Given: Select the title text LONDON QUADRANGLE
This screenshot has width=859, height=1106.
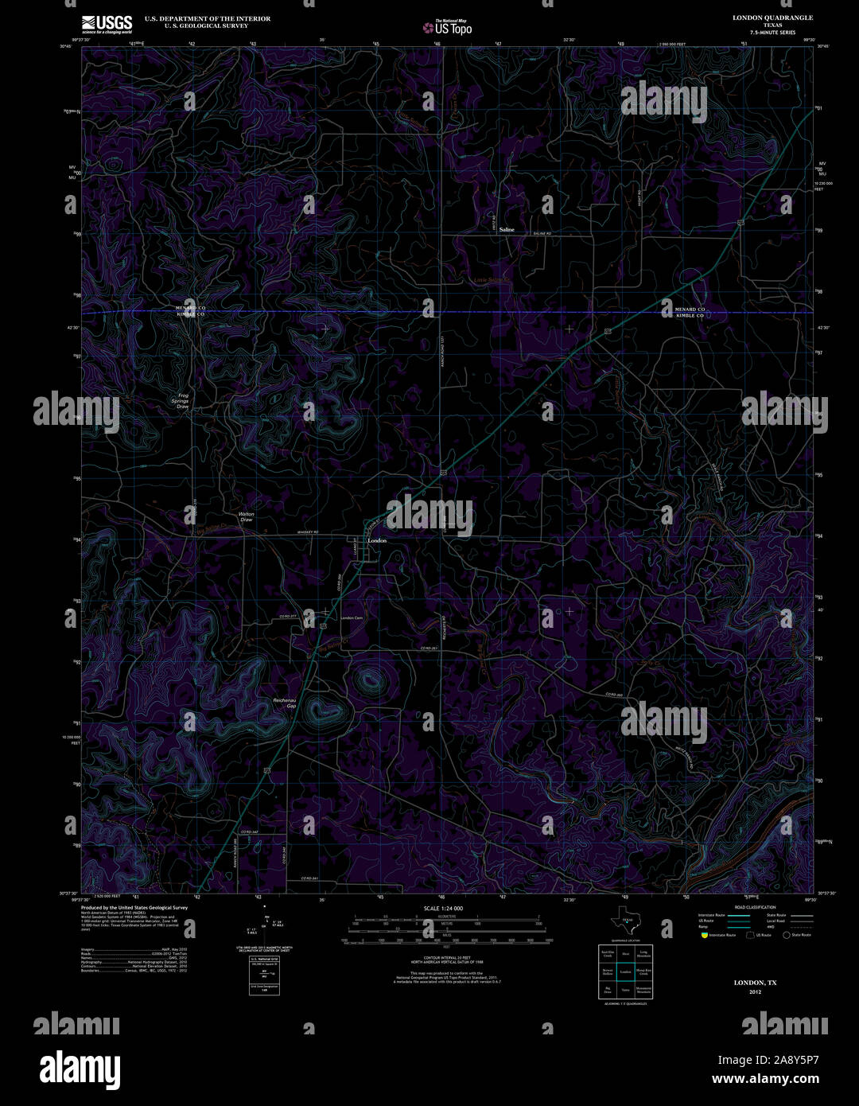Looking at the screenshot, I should [x=772, y=17].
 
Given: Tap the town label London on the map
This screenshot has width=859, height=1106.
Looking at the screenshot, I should [x=377, y=541].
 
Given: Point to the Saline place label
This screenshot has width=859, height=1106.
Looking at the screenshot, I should [x=507, y=229].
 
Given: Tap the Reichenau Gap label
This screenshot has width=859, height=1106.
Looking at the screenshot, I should [x=285, y=703].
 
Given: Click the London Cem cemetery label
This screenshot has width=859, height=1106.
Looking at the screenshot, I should [x=352, y=618].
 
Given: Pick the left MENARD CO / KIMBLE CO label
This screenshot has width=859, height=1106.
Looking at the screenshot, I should [x=190, y=312].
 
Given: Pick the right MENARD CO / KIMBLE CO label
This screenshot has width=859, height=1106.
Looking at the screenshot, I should [x=690, y=312].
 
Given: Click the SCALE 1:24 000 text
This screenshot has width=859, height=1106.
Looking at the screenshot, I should [x=443, y=908].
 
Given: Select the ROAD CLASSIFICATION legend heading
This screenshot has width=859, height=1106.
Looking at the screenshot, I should [x=755, y=907].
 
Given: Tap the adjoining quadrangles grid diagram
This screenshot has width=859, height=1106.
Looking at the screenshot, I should [x=625, y=972].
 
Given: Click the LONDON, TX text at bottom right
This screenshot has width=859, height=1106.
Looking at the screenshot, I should [x=755, y=983].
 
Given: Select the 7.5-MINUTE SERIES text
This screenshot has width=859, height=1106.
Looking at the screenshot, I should [x=772, y=33].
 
